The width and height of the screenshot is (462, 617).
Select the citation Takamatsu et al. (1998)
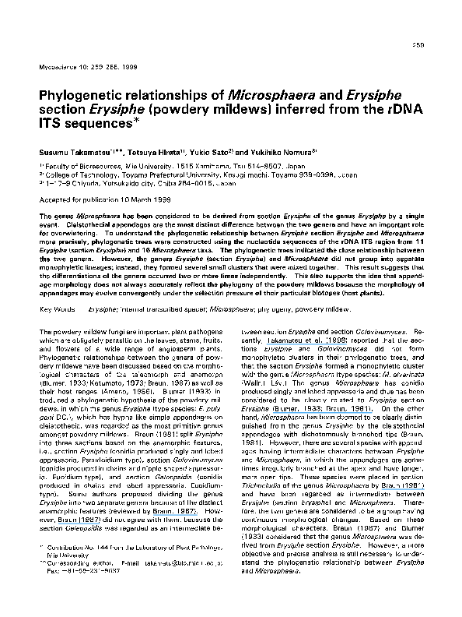coord(276,318)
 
